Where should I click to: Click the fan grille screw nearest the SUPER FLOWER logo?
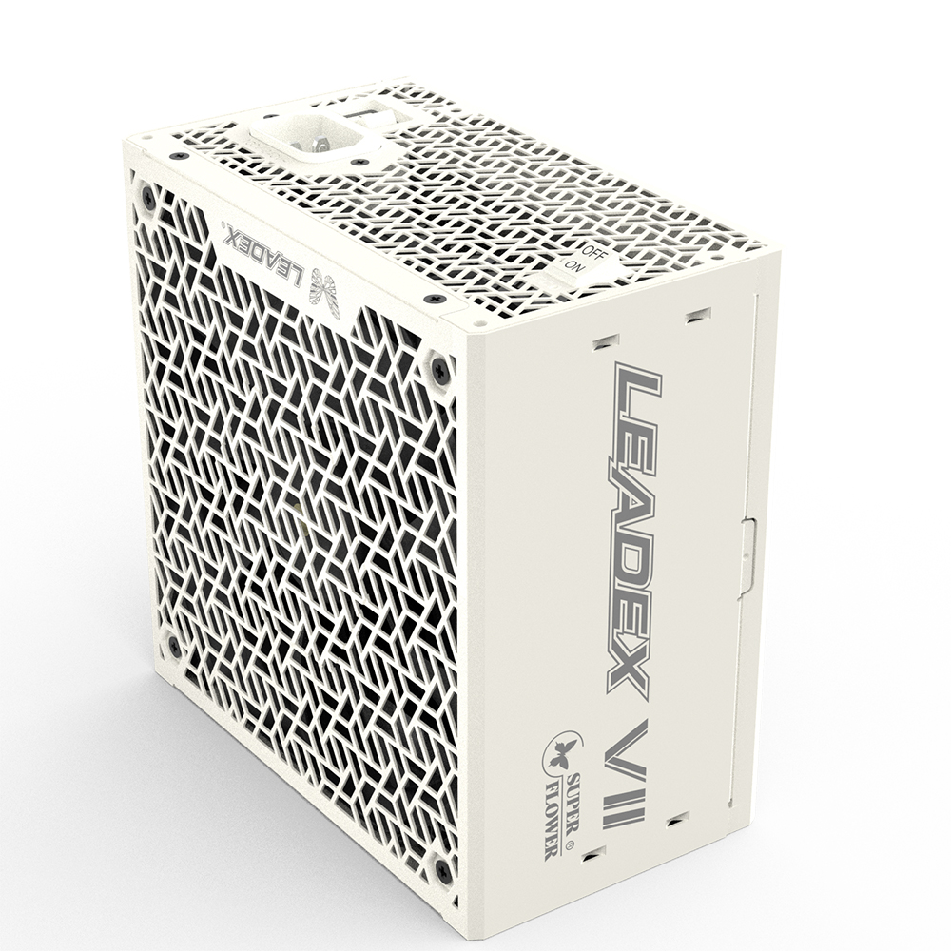tap(443, 868)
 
